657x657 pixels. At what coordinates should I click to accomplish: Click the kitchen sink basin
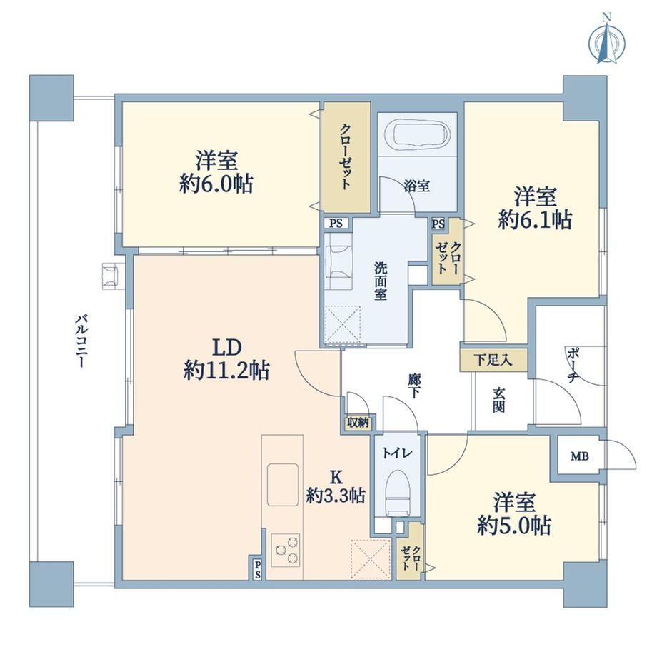(283, 484)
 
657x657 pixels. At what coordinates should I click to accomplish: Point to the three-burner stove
(286, 550)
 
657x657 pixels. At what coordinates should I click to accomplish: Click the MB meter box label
(579, 456)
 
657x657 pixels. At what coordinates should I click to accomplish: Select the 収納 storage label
(358, 423)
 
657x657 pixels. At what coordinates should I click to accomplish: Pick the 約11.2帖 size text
(226, 371)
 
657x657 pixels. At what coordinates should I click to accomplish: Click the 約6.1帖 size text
(535, 219)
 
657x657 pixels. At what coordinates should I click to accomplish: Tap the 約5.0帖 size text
(514, 525)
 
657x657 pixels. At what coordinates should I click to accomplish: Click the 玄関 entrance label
(498, 400)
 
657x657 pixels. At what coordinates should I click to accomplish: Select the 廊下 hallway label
(414, 386)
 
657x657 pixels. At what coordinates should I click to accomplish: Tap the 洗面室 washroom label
(381, 281)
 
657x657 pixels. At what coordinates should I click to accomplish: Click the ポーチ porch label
(572, 364)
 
